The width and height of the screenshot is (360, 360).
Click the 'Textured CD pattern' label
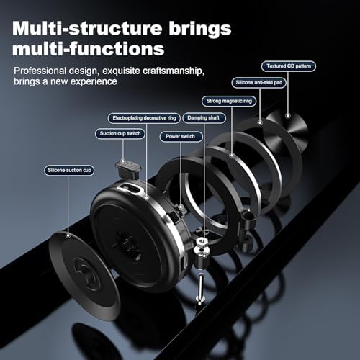pos(289,66)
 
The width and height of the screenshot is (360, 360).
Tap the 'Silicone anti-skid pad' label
pos(259,83)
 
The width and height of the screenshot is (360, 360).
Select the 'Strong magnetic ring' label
pos(229,101)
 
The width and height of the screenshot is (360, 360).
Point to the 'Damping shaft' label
pos(204,118)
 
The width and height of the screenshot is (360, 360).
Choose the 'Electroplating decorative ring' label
pos(144,118)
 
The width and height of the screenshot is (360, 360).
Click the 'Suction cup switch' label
pos(120,134)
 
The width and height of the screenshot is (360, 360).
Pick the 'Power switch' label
pos(181,137)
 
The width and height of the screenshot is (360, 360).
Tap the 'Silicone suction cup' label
pos(69,171)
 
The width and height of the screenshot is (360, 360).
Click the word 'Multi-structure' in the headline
pos(87,29)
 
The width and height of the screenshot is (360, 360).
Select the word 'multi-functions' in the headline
pos(89,49)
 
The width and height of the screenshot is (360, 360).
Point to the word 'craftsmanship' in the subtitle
pos(174,71)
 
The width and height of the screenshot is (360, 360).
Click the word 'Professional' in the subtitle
pos(40,71)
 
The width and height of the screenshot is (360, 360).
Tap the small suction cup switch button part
pos(128,168)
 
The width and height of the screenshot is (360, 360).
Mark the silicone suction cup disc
pos(84,276)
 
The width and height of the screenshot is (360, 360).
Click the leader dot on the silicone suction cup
pos(68,235)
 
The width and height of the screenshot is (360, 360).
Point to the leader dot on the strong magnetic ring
pos(232,155)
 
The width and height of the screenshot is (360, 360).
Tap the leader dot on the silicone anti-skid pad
pos(260,123)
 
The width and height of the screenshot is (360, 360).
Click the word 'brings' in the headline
pos(200,29)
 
